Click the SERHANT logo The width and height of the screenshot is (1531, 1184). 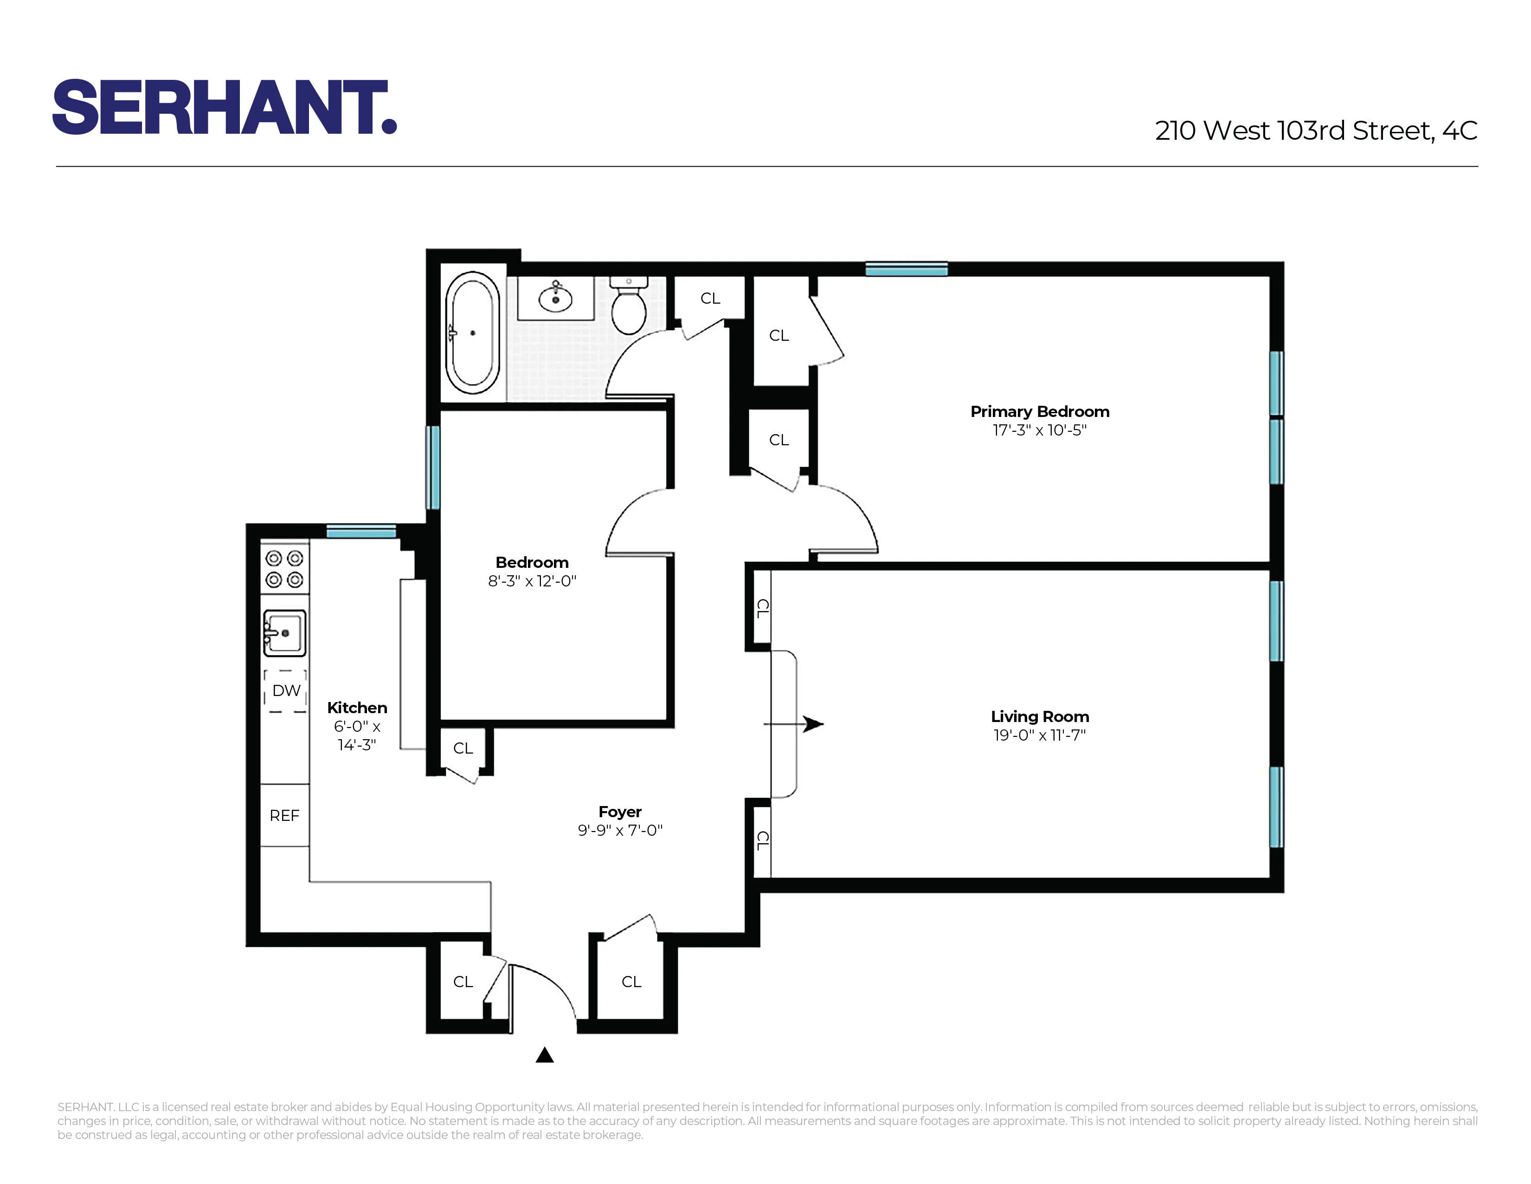tap(225, 107)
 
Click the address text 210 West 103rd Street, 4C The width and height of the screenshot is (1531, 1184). tap(1315, 130)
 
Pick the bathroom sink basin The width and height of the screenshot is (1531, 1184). tap(555, 299)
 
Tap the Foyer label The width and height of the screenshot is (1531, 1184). tap(620, 812)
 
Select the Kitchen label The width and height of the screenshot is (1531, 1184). tap(357, 708)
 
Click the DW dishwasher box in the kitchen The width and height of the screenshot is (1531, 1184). tap(285, 691)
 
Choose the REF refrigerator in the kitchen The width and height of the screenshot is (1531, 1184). tap(284, 815)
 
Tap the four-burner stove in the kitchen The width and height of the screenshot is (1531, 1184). tap(284, 569)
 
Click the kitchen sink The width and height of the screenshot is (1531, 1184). tap(284, 633)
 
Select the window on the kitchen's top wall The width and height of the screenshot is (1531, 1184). tap(361, 531)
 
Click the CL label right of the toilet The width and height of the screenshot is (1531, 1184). tap(710, 298)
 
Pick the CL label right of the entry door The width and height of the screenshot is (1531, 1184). tap(631, 981)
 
